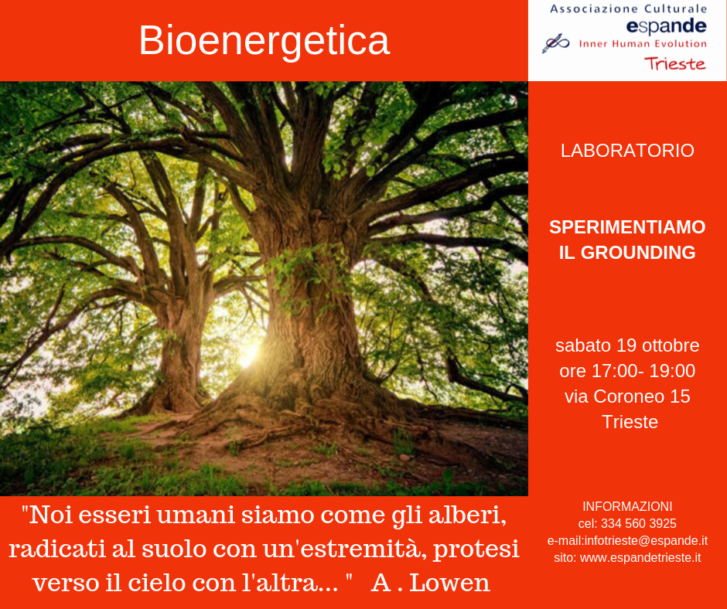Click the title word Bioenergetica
point(265,41)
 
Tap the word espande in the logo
point(666,26)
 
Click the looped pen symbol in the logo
point(555,43)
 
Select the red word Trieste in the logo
point(674,63)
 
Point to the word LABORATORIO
point(627,151)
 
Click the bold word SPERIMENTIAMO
point(627,227)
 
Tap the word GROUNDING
point(638,253)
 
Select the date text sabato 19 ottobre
point(627,345)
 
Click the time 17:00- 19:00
point(643,371)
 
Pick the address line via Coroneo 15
point(627,396)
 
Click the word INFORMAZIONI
point(627,506)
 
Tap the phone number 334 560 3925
point(638,523)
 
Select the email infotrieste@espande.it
point(646,540)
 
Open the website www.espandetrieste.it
point(640,557)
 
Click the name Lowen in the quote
point(450,583)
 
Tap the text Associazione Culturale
point(628,9)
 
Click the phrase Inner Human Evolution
point(643,43)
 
